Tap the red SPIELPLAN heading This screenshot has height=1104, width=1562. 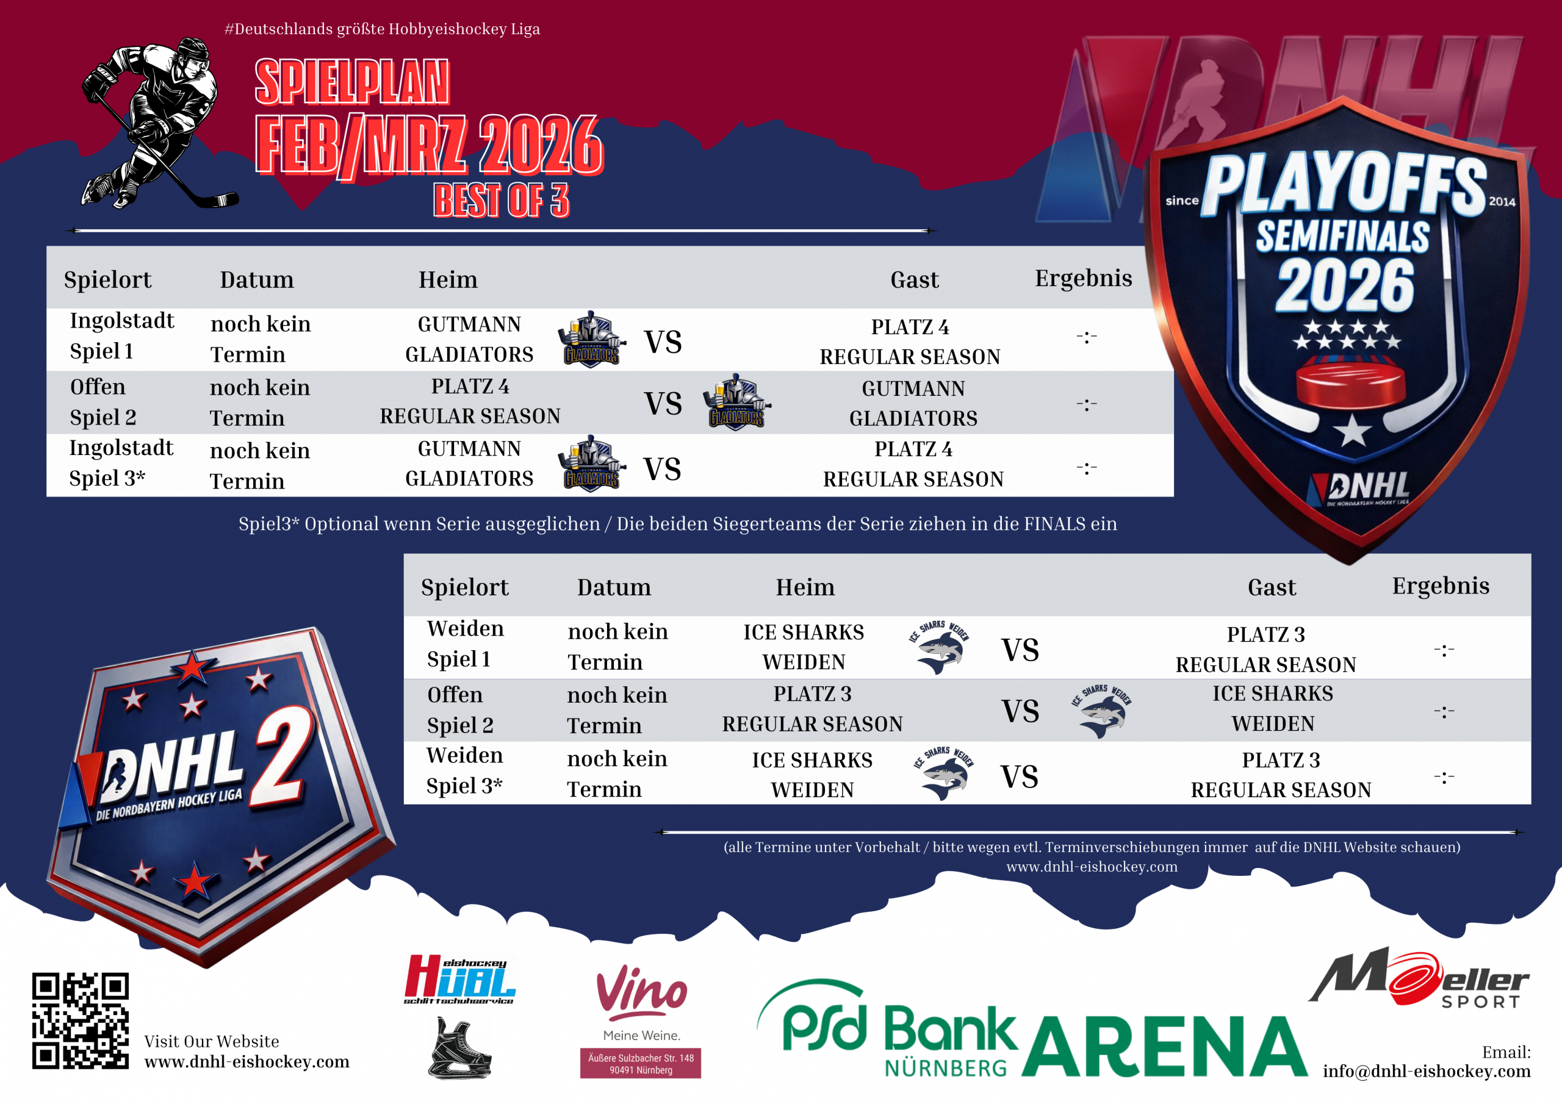(351, 82)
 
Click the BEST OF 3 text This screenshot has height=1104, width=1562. (502, 200)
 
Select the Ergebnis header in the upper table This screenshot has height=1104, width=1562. (1084, 278)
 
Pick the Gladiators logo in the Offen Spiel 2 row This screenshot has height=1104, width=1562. (737, 401)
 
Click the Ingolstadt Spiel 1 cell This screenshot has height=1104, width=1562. (122, 335)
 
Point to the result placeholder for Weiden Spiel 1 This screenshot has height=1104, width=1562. (1444, 650)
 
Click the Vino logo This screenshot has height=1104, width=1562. (641, 992)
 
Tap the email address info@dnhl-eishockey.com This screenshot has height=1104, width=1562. (1427, 1071)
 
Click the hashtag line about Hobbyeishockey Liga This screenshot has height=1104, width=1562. (383, 29)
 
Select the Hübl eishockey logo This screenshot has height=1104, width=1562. (461, 980)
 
